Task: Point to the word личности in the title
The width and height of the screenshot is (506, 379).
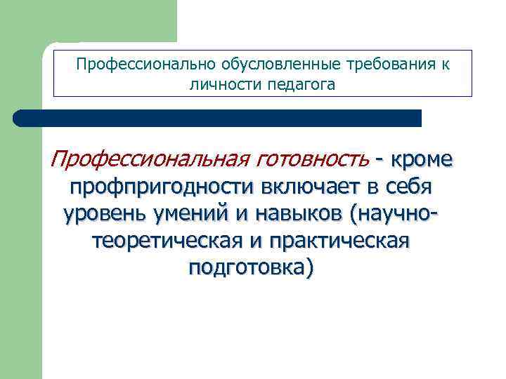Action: click(x=216, y=85)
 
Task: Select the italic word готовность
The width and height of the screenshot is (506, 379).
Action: click(x=312, y=160)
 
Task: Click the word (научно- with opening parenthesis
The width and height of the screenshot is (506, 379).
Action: click(x=400, y=213)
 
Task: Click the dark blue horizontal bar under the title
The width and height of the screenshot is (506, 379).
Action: click(x=218, y=118)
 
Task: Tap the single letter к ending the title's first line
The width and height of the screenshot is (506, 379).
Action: click(x=446, y=65)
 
